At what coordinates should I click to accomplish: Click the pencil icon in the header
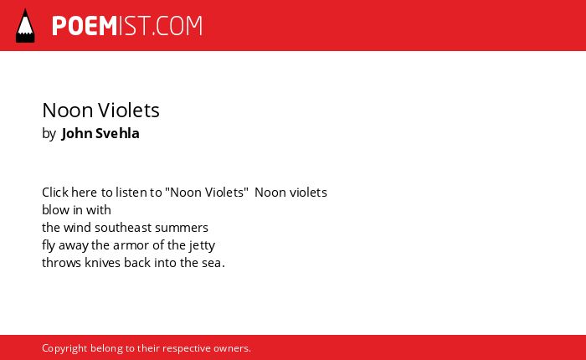25,26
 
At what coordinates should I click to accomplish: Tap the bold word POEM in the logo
85,26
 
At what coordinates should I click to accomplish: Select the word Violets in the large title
129,111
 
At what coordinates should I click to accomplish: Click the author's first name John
77,133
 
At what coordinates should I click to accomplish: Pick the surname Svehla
117,133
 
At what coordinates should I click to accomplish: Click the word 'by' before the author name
49,134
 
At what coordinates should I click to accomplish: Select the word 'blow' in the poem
55,209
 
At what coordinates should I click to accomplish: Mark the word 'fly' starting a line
49,245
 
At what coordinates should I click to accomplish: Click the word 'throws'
62,262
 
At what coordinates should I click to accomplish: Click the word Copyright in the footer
64,348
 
